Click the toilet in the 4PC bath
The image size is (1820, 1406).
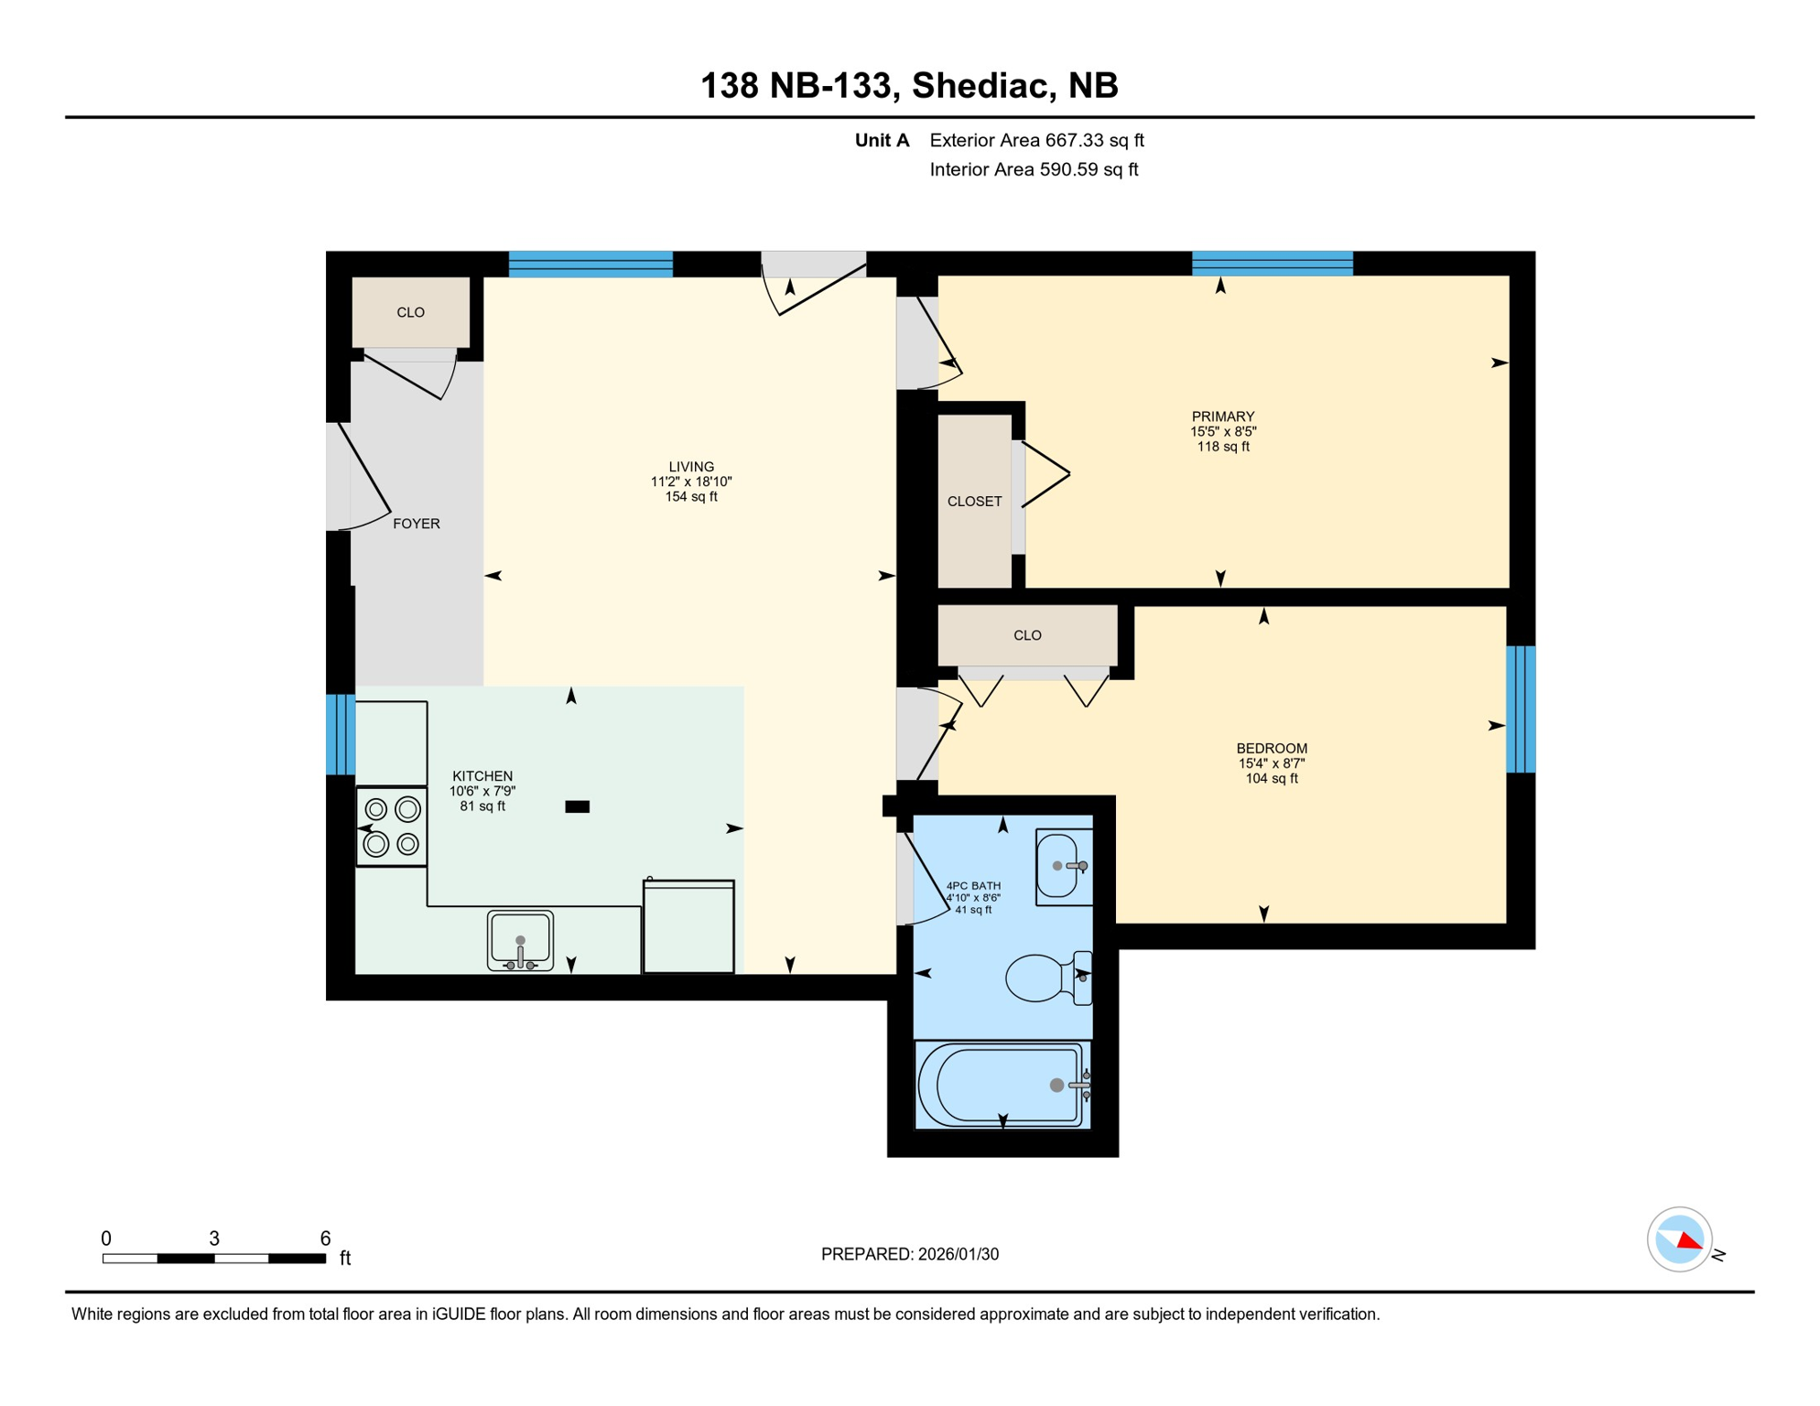[1045, 978]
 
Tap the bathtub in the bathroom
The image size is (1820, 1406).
[1002, 1086]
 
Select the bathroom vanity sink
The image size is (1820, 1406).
[1062, 866]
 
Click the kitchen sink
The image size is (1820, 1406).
[520, 939]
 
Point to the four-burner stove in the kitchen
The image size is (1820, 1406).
[392, 827]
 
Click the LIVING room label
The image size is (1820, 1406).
[691, 467]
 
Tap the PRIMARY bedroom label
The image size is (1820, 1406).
[1222, 416]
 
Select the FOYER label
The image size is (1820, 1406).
[417, 524]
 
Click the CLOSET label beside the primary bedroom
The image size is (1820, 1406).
[974, 502]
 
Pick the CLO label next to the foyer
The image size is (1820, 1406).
[410, 312]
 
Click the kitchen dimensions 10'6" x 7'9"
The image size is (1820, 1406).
[482, 791]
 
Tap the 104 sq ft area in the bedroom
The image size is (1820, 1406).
[1271, 779]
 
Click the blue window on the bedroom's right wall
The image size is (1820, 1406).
[1521, 709]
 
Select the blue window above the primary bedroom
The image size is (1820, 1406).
[1272, 263]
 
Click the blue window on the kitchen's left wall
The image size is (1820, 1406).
[341, 735]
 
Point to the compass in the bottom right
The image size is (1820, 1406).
[1679, 1239]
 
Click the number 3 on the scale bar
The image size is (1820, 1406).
[214, 1238]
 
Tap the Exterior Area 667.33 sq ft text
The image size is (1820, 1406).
[1036, 140]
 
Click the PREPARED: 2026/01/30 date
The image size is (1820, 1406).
[909, 1254]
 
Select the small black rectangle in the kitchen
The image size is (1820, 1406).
[577, 806]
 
